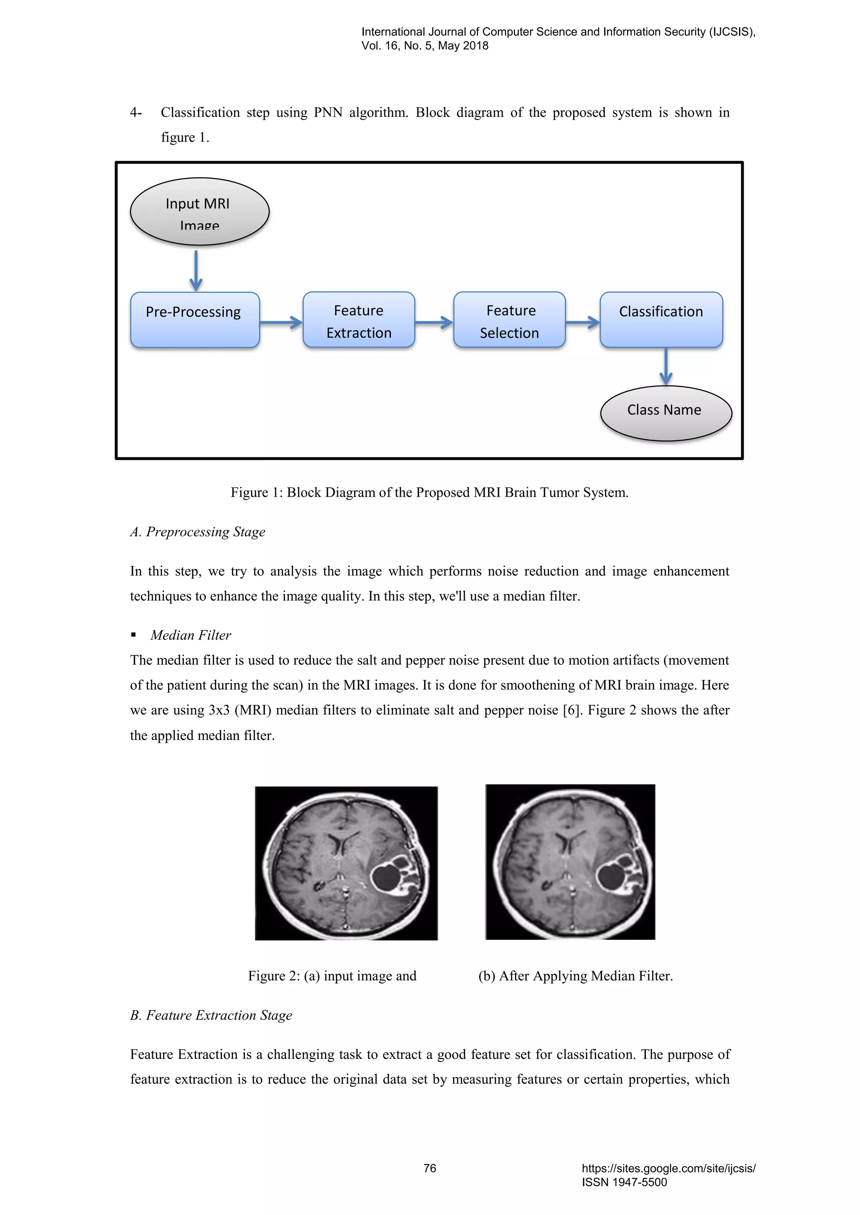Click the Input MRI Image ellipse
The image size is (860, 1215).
(199, 212)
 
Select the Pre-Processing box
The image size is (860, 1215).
(195, 320)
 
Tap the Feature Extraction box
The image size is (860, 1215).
(359, 320)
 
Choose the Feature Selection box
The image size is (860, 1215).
(509, 320)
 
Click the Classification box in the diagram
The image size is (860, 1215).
(661, 320)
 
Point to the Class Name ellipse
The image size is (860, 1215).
(666, 413)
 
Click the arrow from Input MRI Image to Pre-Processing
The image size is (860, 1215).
(196, 270)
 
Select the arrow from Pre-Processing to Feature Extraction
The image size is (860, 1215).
(281, 322)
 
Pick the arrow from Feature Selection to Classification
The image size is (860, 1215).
(582, 322)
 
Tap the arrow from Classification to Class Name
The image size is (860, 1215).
(666, 366)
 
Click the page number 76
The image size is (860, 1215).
(430, 1168)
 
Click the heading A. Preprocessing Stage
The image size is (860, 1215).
(197, 532)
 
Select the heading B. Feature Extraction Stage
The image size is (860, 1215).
(211, 1015)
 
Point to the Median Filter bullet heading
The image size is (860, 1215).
(191, 635)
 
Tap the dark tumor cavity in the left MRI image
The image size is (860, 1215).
(385, 878)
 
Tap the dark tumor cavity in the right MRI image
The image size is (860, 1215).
(611, 877)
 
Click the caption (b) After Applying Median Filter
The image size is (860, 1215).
(575, 976)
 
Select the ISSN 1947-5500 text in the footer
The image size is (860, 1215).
(624, 1182)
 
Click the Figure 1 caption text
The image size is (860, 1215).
(430, 493)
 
